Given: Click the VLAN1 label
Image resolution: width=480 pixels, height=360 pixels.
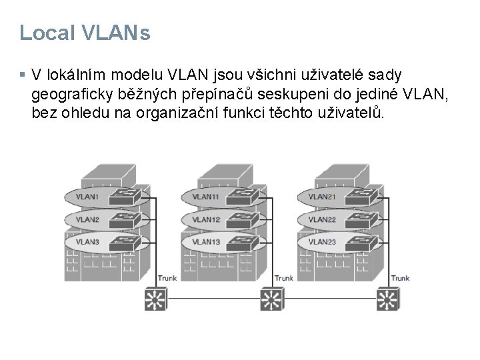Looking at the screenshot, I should coord(87,197).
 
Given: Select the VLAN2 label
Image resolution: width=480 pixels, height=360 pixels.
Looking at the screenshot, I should coord(87,219).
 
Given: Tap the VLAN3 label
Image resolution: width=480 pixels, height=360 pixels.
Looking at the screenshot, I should coord(87,241).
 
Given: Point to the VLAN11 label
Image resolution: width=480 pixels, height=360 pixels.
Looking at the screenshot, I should coord(205,197).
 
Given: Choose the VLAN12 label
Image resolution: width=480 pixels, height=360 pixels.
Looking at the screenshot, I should coord(205,219).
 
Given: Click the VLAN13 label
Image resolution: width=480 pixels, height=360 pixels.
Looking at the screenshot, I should coord(205,241).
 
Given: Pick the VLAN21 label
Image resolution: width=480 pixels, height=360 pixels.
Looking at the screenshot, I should coord(322,197).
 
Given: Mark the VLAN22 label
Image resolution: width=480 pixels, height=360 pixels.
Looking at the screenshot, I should coord(322,219).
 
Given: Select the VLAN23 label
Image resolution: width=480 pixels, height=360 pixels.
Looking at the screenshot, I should coord(322,241).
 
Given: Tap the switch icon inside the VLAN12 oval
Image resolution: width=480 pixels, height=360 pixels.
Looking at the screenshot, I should coord(241,219).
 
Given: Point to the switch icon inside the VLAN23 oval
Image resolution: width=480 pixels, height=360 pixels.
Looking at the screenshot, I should coord(357,241).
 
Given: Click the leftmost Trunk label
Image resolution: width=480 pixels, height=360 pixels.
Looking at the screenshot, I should coord(167,278).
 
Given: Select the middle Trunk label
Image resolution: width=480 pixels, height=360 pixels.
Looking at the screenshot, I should coord(283,278).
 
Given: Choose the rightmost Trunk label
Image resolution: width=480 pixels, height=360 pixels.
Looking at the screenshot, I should coord(400,278).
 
